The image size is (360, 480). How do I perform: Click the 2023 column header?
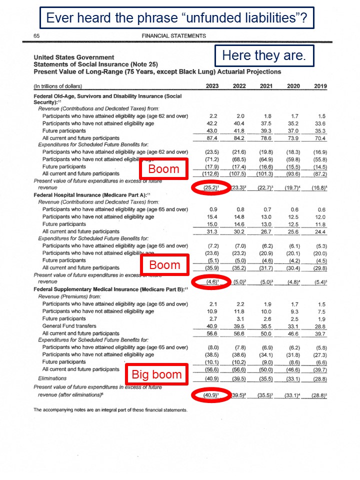pos(212,86)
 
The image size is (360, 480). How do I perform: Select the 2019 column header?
pos(320,86)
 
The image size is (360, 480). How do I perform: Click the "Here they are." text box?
pos(263,55)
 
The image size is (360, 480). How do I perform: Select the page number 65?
pos(36,36)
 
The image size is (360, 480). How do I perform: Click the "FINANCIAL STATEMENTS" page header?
pos(173,36)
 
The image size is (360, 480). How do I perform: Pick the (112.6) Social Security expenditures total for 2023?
pos(211,174)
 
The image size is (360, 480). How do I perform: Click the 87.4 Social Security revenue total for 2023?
pos(212,138)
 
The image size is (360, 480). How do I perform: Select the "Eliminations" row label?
pos(52,378)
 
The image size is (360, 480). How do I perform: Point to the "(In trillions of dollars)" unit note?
pos(58,86)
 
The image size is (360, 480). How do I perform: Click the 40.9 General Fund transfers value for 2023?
pos(212,326)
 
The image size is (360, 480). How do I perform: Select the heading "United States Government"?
pos(73,57)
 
